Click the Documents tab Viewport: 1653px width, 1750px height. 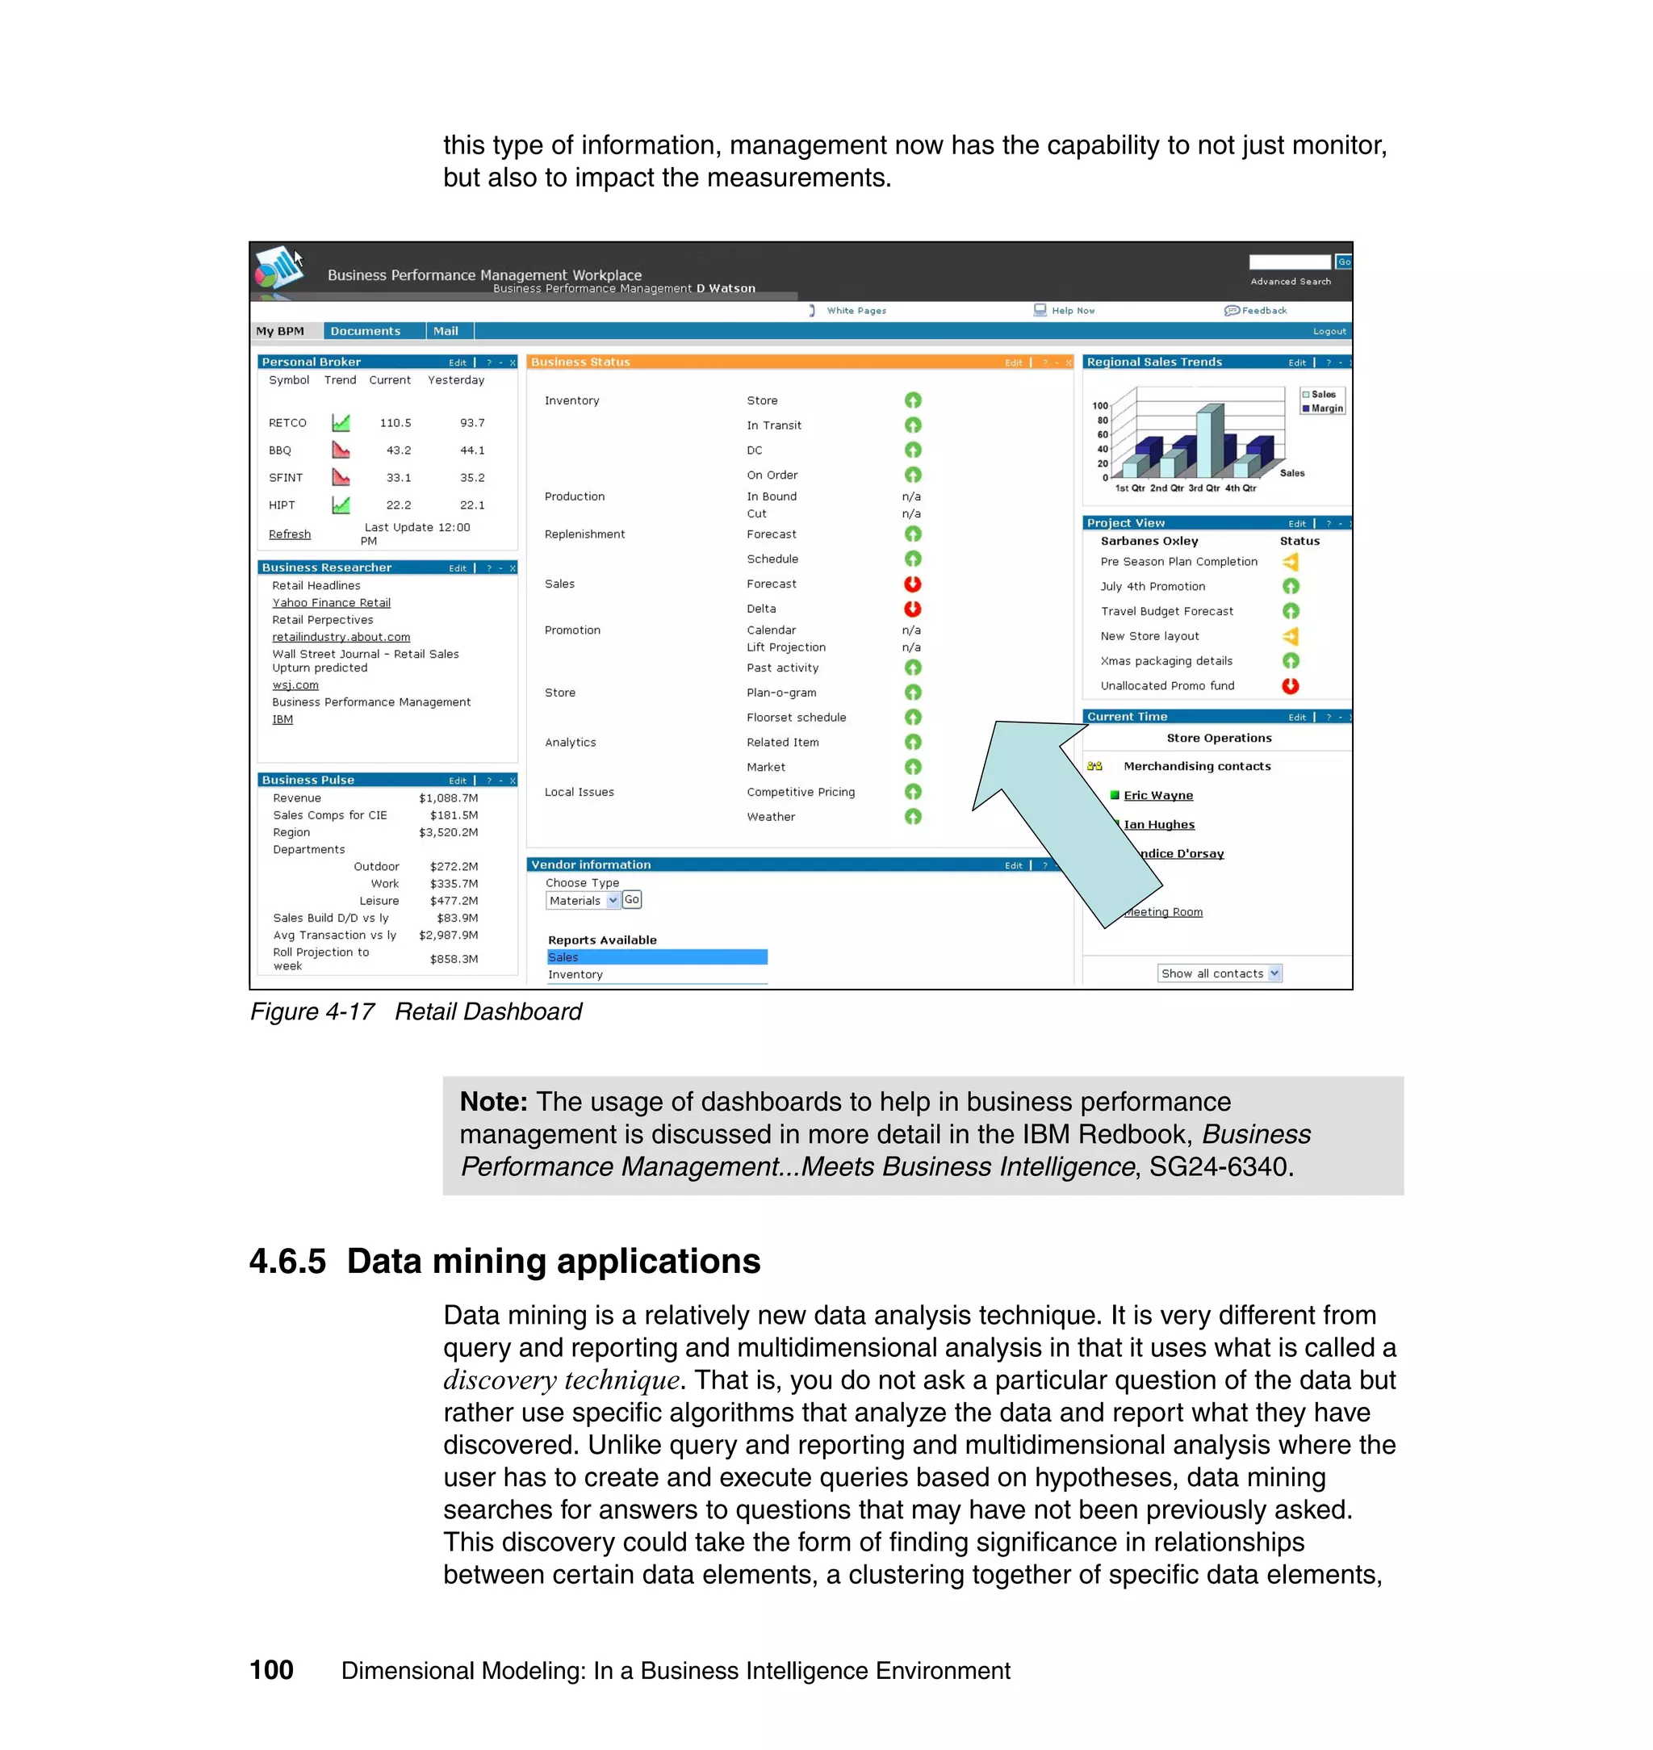(365, 331)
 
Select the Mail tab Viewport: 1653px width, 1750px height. (446, 331)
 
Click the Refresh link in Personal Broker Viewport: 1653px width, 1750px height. (289, 534)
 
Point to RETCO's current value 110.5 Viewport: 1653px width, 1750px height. (395, 423)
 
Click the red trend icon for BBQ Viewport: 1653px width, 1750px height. (341, 450)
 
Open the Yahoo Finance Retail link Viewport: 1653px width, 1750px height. (331, 603)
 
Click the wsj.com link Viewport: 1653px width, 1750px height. (295, 685)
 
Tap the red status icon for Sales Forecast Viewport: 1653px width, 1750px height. (913, 584)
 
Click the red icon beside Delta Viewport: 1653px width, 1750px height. (913, 608)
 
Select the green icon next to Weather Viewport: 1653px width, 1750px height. (913, 817)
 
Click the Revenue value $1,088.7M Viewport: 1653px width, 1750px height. (449, 798)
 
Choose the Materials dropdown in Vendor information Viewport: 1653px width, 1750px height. (583, 901)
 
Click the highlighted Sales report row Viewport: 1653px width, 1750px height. (656, 957)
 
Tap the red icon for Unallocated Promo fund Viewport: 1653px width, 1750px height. (1290, 685)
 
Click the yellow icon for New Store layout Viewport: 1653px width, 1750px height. (1290, 636)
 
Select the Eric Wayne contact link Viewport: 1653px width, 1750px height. (1157, 796)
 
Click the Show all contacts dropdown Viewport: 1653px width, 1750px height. (1220, 973)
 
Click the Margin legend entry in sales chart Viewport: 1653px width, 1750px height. (1325, 408)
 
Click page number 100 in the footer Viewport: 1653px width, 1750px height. (271, 1670)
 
